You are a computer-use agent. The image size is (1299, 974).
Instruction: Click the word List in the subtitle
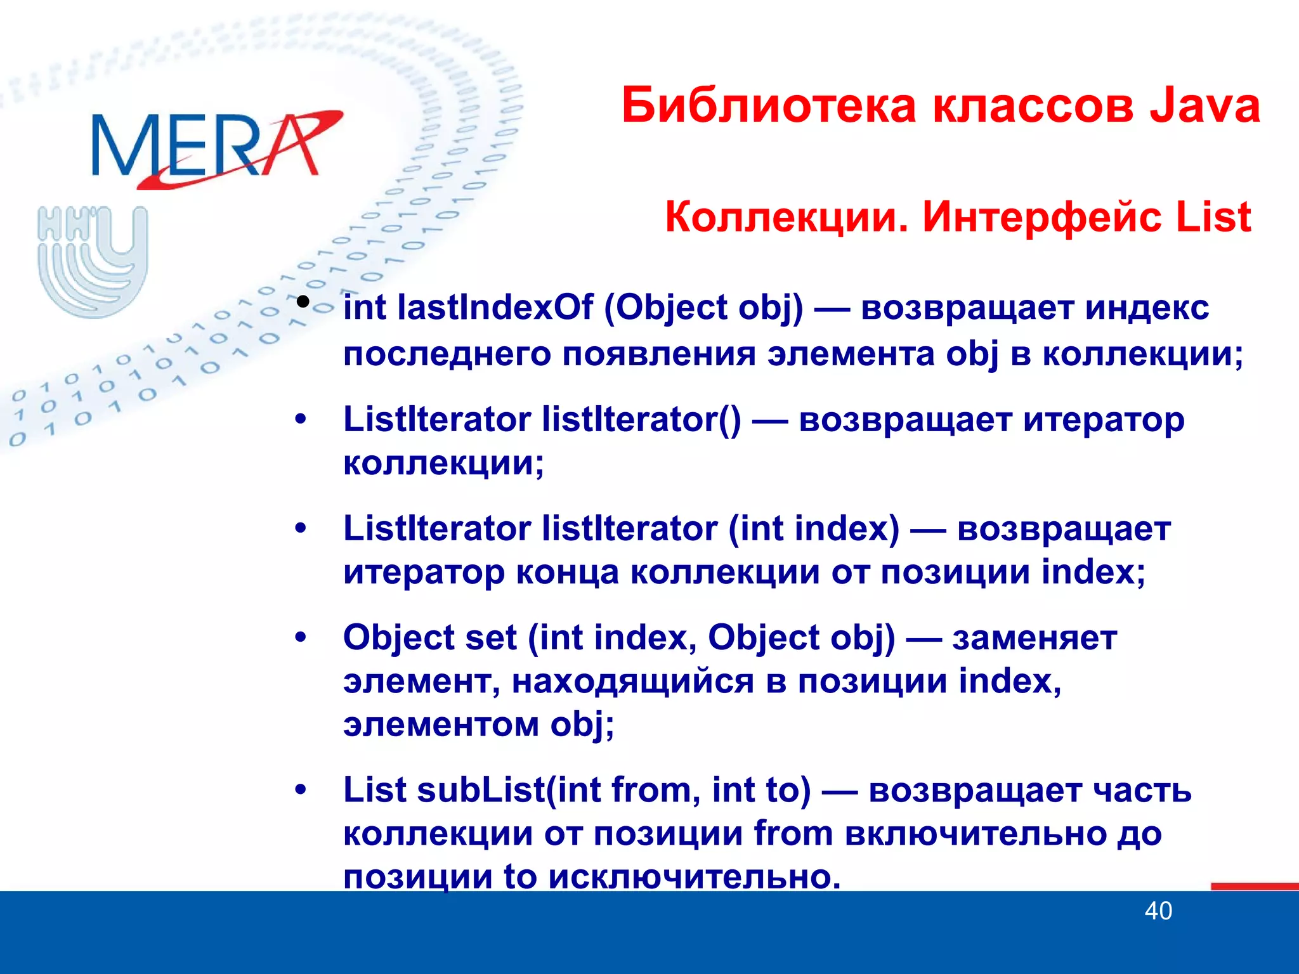point(1213,218)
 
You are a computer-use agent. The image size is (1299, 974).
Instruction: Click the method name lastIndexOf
point(495,308)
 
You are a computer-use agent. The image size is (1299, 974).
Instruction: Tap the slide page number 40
point(1158,911)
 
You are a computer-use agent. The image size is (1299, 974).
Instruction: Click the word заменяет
point(1035,638)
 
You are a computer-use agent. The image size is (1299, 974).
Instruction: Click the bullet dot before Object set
point(301,637)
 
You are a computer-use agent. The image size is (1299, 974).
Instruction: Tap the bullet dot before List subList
point(301,790)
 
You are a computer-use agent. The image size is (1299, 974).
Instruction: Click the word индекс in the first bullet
point(1147,308)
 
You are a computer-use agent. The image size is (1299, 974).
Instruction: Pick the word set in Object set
point(490,638)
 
